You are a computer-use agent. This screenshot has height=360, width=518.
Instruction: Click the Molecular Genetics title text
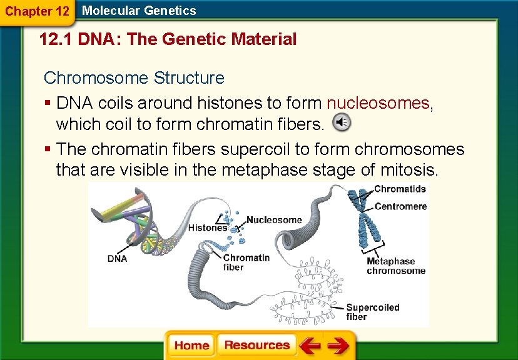[139, 11]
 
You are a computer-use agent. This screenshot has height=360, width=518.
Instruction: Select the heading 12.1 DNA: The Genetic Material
[168, 40]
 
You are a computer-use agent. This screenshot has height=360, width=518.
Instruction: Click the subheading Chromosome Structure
[134, 78]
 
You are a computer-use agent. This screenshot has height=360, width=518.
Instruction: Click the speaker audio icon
[342, 123]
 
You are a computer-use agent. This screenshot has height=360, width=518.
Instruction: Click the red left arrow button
[310, 346]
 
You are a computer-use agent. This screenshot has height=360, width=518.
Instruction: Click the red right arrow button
[338, 346]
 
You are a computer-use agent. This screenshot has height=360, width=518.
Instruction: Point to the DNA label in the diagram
[117, 258]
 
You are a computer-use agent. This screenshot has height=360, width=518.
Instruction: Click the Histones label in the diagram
[208, 228]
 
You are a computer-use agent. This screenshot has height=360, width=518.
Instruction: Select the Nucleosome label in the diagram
[274, 220]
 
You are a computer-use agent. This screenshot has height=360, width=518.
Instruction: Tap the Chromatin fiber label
[246, 262]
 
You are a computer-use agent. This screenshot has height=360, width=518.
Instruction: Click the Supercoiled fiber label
[373, 311]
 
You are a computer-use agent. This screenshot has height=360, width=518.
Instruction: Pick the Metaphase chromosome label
[396, 266]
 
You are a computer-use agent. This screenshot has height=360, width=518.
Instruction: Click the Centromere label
[400, 206]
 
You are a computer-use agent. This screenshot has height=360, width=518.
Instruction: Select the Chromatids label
[400, 189]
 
